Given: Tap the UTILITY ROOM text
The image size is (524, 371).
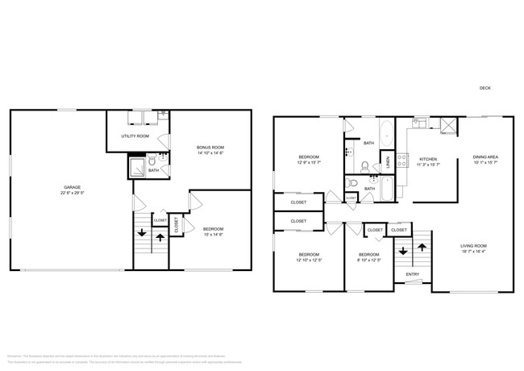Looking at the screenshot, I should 135,136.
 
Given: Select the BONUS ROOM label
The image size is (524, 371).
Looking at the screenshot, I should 210,147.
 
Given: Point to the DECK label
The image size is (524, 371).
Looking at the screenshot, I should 484,88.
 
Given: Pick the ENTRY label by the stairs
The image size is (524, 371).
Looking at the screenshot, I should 412,274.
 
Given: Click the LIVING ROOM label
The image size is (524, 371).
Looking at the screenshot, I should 474,245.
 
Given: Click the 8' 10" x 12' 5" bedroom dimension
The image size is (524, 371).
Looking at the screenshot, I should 368,260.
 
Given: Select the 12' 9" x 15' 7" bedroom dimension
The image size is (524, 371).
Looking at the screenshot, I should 309,162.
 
